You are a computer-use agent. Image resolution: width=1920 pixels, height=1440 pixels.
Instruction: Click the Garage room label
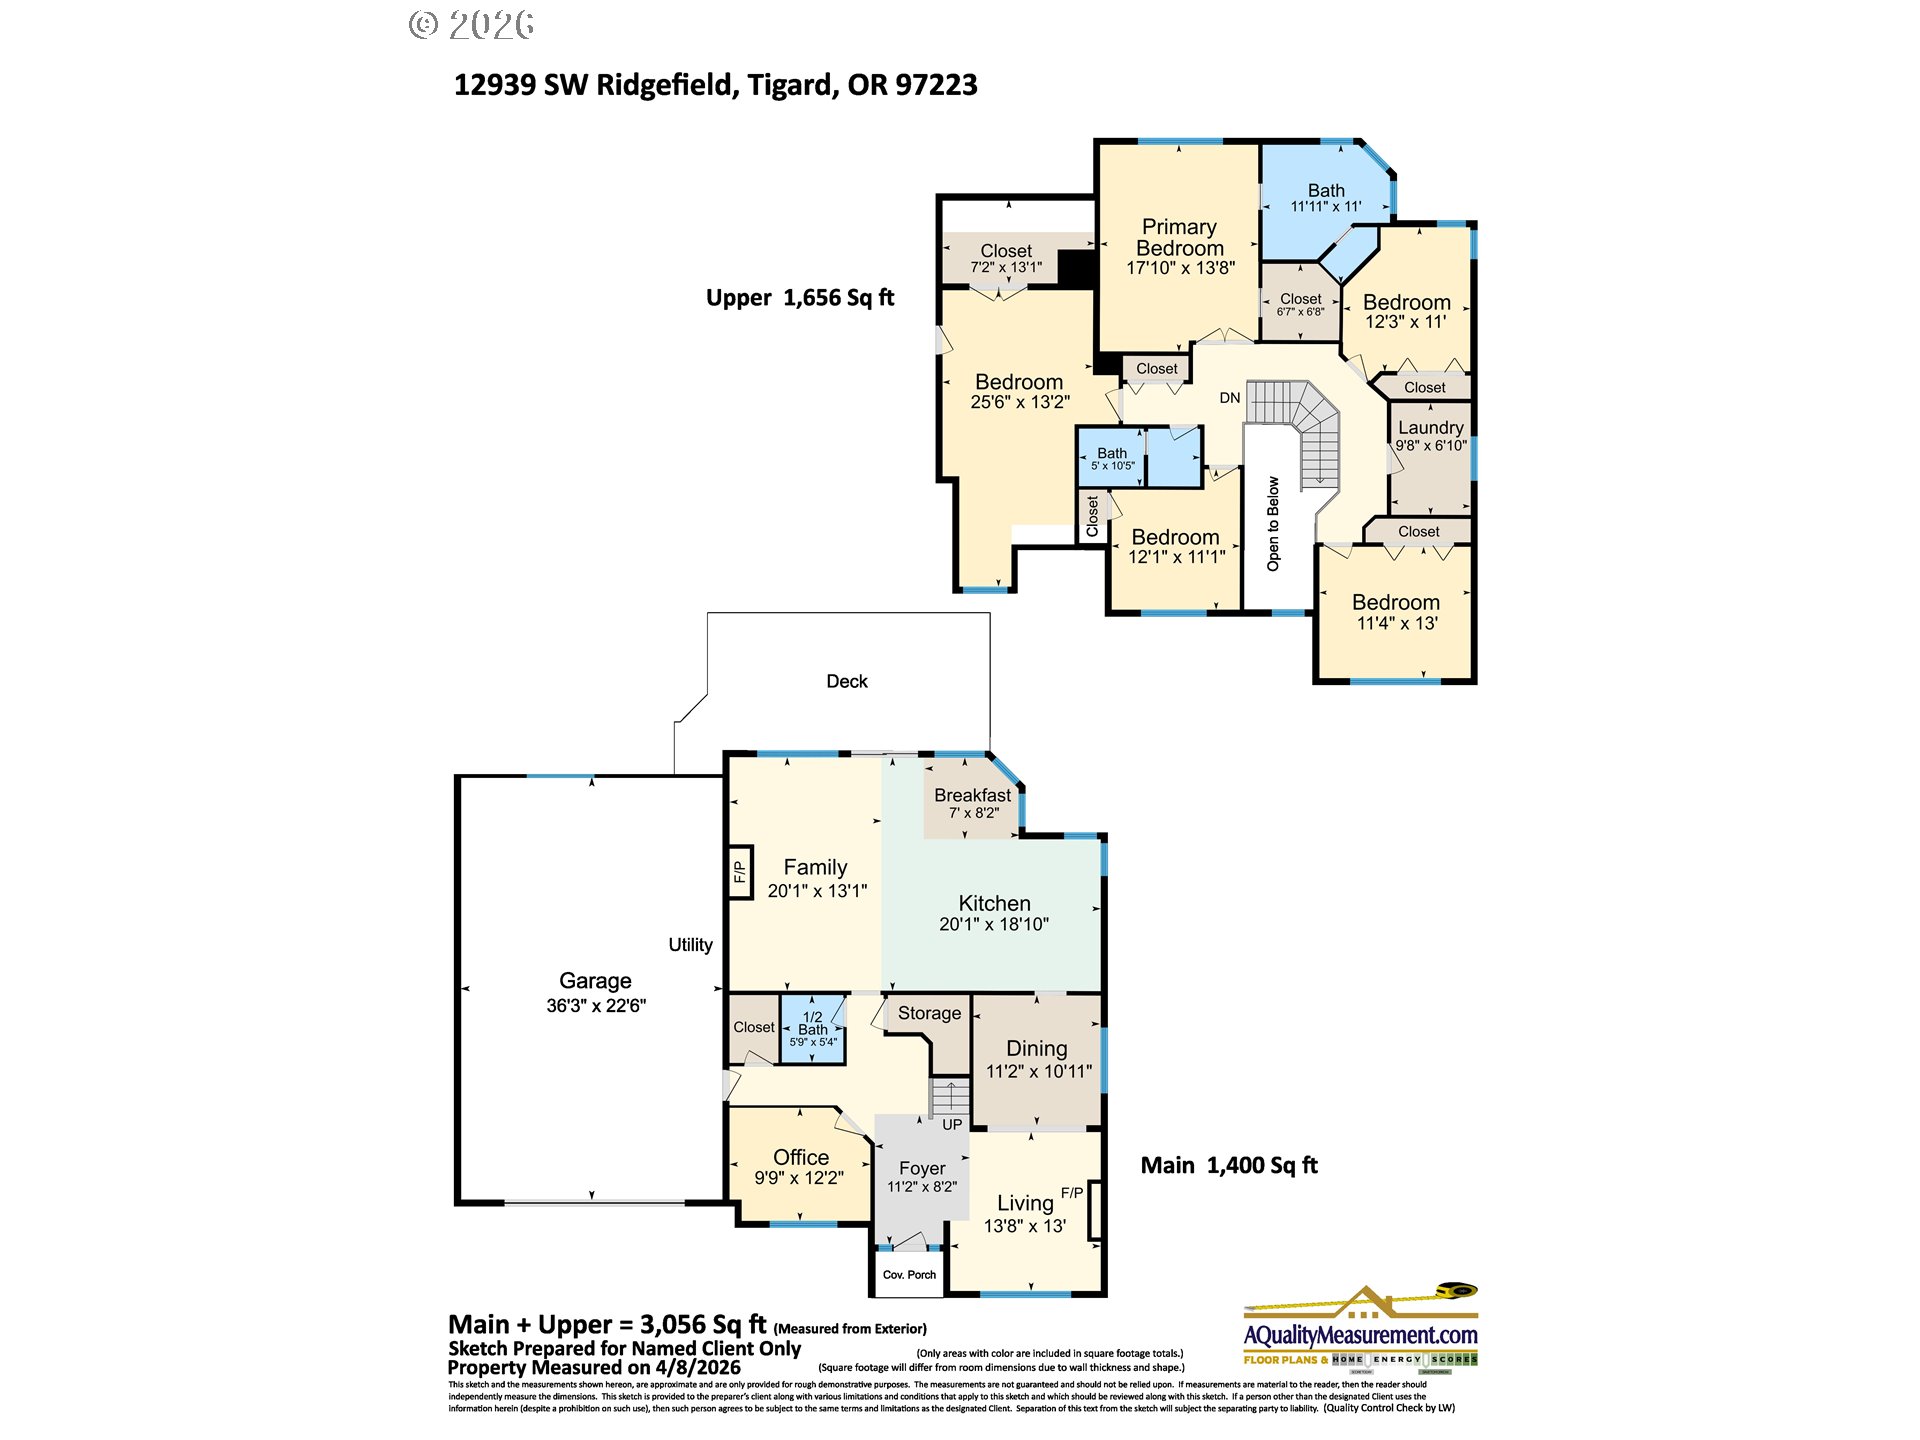[595, 981]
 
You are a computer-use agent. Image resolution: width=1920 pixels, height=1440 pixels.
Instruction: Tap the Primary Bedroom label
[1180, 238]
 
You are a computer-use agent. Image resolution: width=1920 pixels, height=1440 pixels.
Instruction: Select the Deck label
[846, 681]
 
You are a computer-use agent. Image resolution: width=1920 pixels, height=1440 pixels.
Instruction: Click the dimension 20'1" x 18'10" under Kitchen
[993, 925]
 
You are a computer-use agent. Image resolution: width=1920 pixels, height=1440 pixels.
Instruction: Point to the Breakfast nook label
[972, 795]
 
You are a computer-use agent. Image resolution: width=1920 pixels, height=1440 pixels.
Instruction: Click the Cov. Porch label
[909, 1275]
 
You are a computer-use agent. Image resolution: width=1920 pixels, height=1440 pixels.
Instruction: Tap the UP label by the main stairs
[952, 1124]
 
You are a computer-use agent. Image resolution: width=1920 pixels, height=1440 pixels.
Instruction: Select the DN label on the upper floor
[1229, 398]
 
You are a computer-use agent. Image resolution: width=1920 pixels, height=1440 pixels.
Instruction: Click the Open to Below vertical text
[1273, 523]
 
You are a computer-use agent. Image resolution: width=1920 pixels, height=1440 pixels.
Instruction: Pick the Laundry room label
[1430, 427]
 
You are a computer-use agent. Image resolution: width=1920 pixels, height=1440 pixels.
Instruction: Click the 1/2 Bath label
[812, 1023]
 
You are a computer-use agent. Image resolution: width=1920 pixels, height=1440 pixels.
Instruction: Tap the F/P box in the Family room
[739, 873]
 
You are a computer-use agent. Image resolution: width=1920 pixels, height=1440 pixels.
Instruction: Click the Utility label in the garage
[690, 945]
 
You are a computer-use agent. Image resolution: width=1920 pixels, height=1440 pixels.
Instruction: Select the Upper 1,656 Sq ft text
[799, 298]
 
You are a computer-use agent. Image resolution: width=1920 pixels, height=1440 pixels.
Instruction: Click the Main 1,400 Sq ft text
[1228, 1165]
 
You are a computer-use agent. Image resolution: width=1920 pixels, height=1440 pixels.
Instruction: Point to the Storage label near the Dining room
[929, 1013]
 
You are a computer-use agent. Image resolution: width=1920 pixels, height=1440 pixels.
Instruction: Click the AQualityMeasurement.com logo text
[1360, 1335]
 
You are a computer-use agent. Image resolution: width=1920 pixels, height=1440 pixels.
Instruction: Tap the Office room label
[800, 1157]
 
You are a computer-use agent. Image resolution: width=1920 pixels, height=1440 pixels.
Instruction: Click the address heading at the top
[715, 85]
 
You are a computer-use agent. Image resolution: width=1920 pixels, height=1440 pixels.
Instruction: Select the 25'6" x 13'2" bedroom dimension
[1019, 402]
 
